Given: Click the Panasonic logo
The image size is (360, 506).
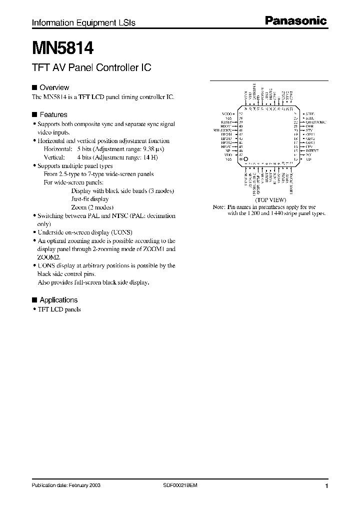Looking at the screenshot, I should click(x=295, y=21).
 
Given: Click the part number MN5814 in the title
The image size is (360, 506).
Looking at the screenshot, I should click(x=62, y=48).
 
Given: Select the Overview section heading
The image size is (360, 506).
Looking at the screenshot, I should click(x=54, y=87).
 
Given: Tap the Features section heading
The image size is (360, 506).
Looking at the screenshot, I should click(x=53, y=114).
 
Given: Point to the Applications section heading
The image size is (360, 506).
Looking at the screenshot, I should click(x=58, y=300).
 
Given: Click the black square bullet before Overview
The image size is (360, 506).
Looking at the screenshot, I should click(x=34, y=87).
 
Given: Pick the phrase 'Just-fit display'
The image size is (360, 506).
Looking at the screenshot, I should click(x=89, y=199).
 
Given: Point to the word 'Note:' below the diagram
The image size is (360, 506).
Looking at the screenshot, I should click(x=219, y=206).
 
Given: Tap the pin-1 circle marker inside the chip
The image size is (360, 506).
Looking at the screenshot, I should click(x=245, y=159).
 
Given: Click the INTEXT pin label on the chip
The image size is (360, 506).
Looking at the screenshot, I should click(x=312, y=150).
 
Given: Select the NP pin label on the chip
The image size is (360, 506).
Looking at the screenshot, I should click(x=229, y=150).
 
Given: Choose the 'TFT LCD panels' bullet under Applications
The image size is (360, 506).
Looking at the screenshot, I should click(x=59, y=309).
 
